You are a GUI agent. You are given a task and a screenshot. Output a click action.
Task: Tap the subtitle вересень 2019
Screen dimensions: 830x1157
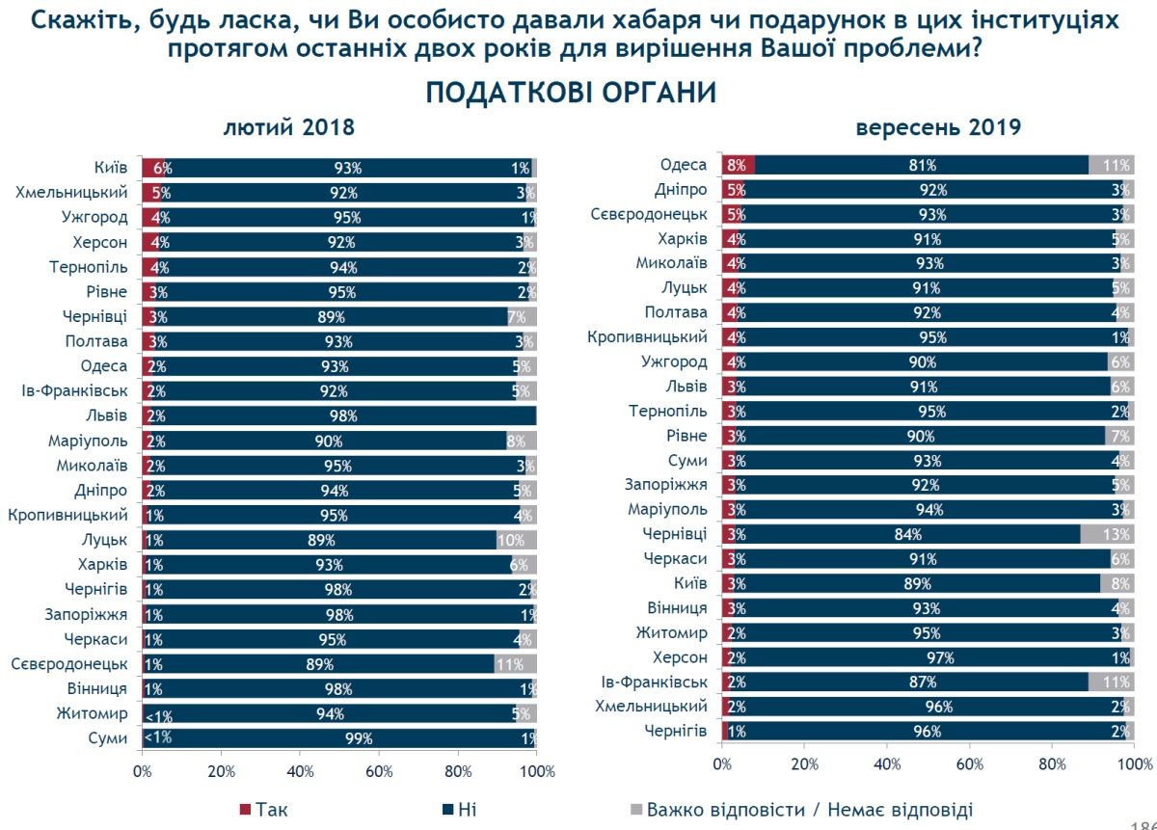point(938,128)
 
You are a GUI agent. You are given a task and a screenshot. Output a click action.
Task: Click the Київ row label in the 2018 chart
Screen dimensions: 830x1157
point(111,168)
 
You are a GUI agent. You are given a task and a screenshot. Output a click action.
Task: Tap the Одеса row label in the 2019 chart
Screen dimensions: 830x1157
point(684,165)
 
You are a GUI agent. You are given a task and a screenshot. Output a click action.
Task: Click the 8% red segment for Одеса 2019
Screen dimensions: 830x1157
point(738,165)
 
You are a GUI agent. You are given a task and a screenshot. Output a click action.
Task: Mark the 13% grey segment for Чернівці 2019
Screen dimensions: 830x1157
point(1107,534)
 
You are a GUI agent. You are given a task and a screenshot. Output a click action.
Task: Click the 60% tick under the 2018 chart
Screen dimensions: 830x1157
point(379,772)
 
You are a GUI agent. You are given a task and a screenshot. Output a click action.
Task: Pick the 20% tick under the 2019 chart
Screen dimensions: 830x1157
point(804,764)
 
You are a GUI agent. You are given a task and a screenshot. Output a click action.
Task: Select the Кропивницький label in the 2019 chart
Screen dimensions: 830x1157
point(648,337)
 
